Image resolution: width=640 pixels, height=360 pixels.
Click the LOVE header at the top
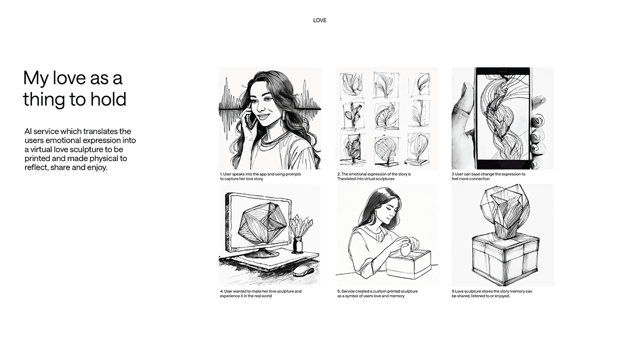point(319,20)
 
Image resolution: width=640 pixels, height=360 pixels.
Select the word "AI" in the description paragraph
point(28,132)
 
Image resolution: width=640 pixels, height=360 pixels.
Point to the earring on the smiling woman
point(283,115)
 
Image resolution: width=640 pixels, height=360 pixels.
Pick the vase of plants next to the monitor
point(299,234)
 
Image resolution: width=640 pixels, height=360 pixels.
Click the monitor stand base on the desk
point(262,253)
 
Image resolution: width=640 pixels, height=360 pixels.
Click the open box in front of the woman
point(409,264)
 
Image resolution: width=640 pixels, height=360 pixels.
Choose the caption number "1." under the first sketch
point(221,174)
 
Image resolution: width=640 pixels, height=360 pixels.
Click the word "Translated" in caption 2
point(346,179)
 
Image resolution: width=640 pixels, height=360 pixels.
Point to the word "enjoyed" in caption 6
point(503,296)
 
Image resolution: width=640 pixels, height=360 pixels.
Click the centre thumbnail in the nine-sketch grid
point(386,116)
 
